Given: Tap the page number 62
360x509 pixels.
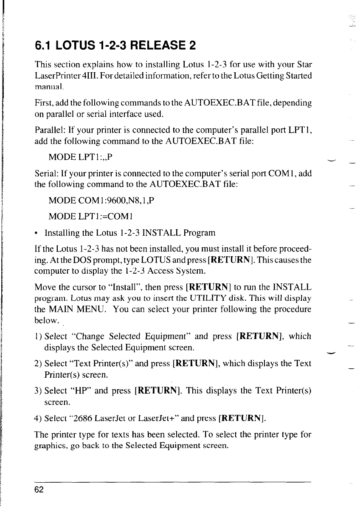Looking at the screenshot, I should [x=39, y=489].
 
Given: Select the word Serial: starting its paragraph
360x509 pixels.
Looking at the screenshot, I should [x=45, y=173].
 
